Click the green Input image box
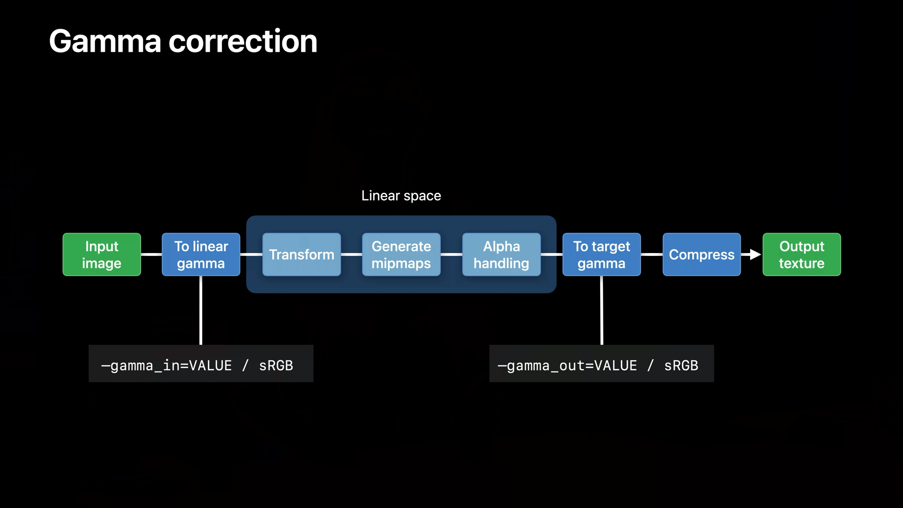[x=102, y=254]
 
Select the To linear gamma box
[x=201, y=254]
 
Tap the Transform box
[x=301, y=254]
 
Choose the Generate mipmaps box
[x=401, y=254]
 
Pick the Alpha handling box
[x=501, y=254]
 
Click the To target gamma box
[x=602, y=254]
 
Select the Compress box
[x=702, y=254]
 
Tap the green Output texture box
[x=801, y=254]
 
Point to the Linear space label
[x=401, y=196]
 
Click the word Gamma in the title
[x=105, y=41]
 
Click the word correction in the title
[x=243, y=41]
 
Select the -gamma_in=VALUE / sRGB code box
[x=201, y=364]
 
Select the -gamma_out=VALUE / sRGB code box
[x=602, y=364]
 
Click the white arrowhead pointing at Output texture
[x=755, y=254]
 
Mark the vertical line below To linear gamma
[x=201, y=310]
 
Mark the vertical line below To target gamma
[x=602, y=310]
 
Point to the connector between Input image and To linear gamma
[x=151, y=254]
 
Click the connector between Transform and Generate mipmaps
[x=351, y=254]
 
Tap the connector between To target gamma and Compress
[x=651, y=254]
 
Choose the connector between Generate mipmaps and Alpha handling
[x=451, y=254]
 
